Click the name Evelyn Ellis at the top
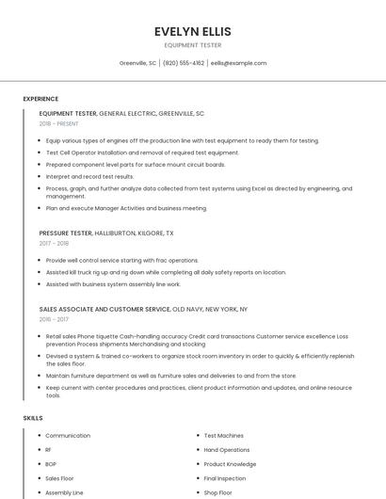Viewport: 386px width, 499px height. click(x=193, y=31)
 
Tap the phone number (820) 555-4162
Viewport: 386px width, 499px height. click(x=184, y=63)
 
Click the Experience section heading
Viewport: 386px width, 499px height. click(x=40, y=98)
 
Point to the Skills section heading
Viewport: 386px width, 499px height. click(x=33, y=417)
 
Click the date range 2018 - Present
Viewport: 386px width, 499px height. click(x=59, y=123)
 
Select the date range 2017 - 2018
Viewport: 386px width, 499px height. click(x=54, y=243)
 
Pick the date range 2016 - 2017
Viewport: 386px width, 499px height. click(x=54, y=319)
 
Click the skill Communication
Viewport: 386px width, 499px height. click(x=68, y=436)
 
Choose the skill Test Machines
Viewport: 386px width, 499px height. click(x=224, y=436)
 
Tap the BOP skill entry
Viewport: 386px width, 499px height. click(x=51, y=464)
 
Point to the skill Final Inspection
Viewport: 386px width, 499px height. click(x=225, y=478)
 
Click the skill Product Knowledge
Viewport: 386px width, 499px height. click(x=230, y=464)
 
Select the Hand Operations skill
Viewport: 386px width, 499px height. click(x=227, y=450)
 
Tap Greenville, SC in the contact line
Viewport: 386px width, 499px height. click(x=137, y=63)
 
